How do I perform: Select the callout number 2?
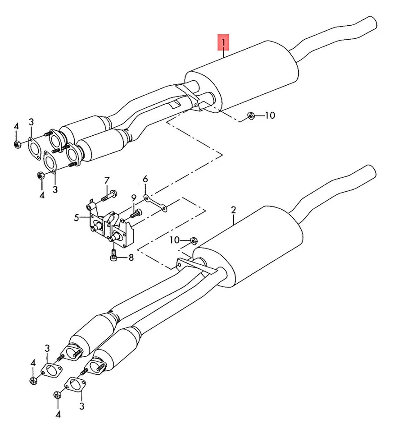233,210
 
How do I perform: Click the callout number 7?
107,180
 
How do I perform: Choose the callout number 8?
131,258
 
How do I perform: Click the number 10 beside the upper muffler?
269,115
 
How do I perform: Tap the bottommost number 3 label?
82,406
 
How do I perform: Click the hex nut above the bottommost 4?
57,395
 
